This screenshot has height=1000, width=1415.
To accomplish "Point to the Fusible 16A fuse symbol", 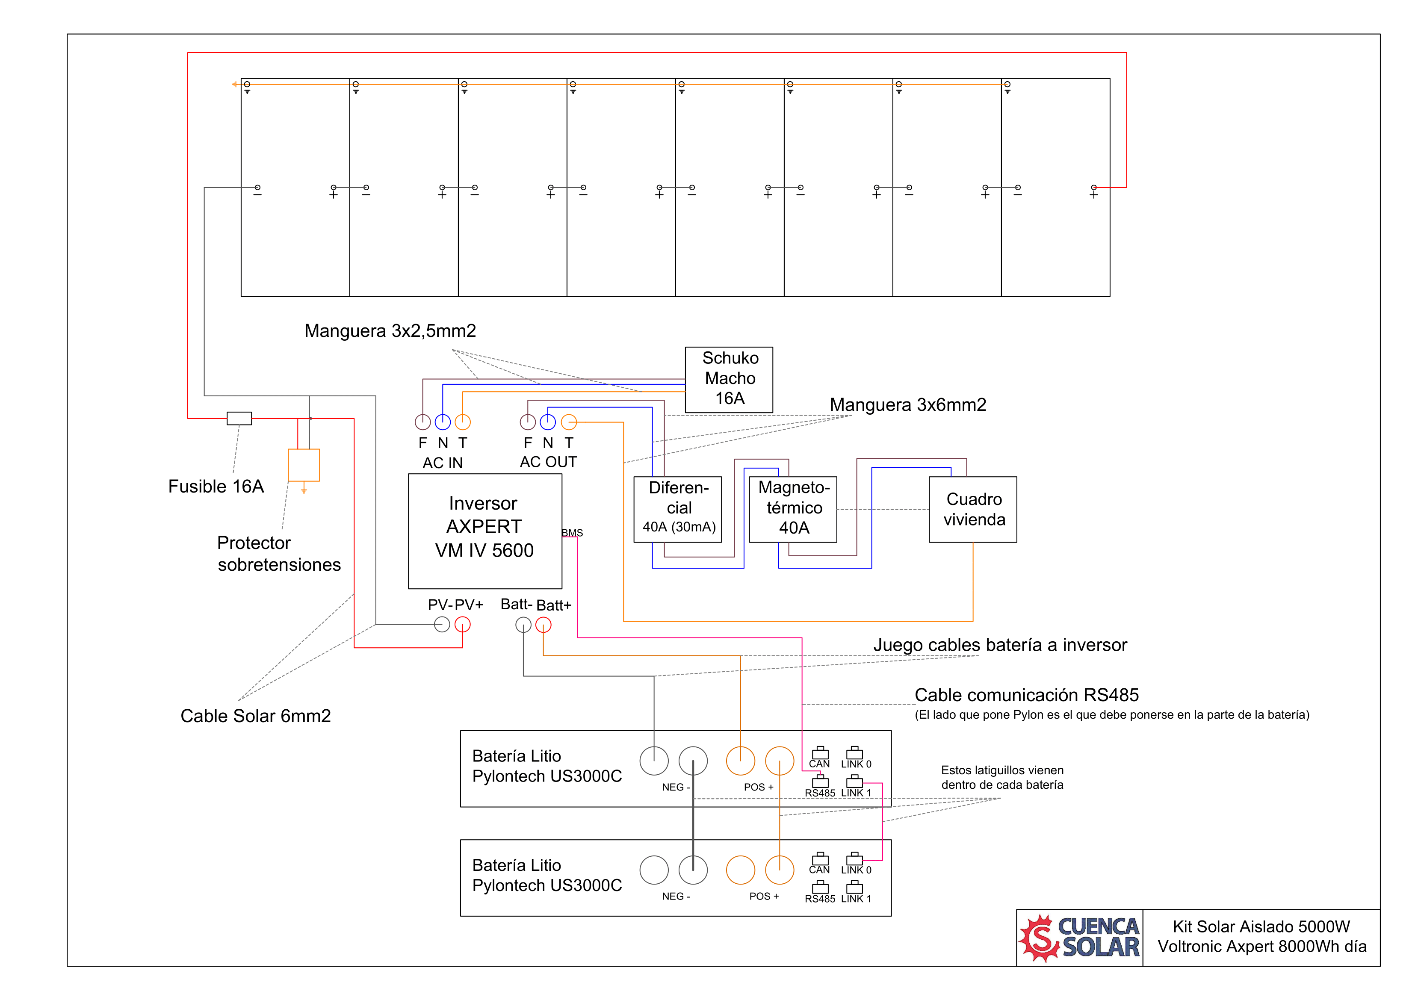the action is pyautogui.click(x=239, y=419).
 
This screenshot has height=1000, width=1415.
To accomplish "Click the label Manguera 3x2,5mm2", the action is pyautogui.click(x=390, y=331).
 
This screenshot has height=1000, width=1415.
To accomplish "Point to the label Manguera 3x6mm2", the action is pyautogui.click(x=908, y=405).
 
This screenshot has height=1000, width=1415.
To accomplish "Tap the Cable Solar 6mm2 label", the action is pyautogui.click(x=256, y=716).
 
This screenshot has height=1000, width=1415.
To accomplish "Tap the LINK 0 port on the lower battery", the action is pyautogui.click(x=854, y=859).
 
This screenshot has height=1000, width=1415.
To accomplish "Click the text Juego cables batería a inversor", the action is pyautogui.click(x=1000, y=645).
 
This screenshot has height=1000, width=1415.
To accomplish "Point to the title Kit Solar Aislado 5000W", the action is pyautogui.click(x=1261, y=927).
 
